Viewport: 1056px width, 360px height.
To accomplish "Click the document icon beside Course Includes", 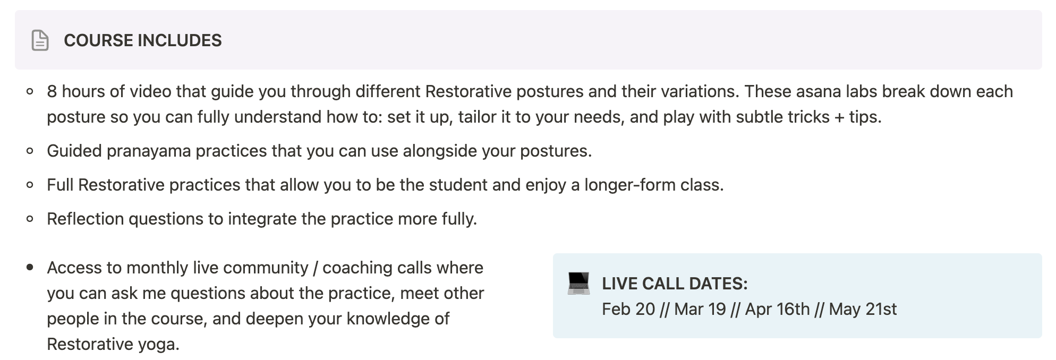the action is tap(40, 40).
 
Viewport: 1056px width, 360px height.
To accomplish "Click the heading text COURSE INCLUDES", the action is tap(143, 40).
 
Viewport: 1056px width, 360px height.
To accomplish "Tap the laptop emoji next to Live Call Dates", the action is tap(578, 283).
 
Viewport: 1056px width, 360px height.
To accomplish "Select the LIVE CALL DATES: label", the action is tap(675, 284).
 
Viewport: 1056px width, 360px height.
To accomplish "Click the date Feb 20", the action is tap(628, 309).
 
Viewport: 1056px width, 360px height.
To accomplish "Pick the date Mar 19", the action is tap(700, 309).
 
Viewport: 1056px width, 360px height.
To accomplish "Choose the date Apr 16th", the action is tap(778, 309).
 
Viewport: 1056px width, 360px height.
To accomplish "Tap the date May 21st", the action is tap(863, 309).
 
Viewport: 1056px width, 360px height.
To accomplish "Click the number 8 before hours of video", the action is tap(52, 91).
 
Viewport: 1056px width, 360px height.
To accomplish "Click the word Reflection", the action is tap(85, 219).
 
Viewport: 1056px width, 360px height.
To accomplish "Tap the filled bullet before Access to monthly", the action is tap(30, 268).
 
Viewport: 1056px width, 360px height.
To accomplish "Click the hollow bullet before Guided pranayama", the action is tap(30, 151).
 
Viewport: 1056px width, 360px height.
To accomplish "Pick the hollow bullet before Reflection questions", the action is tap(30, 219).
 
